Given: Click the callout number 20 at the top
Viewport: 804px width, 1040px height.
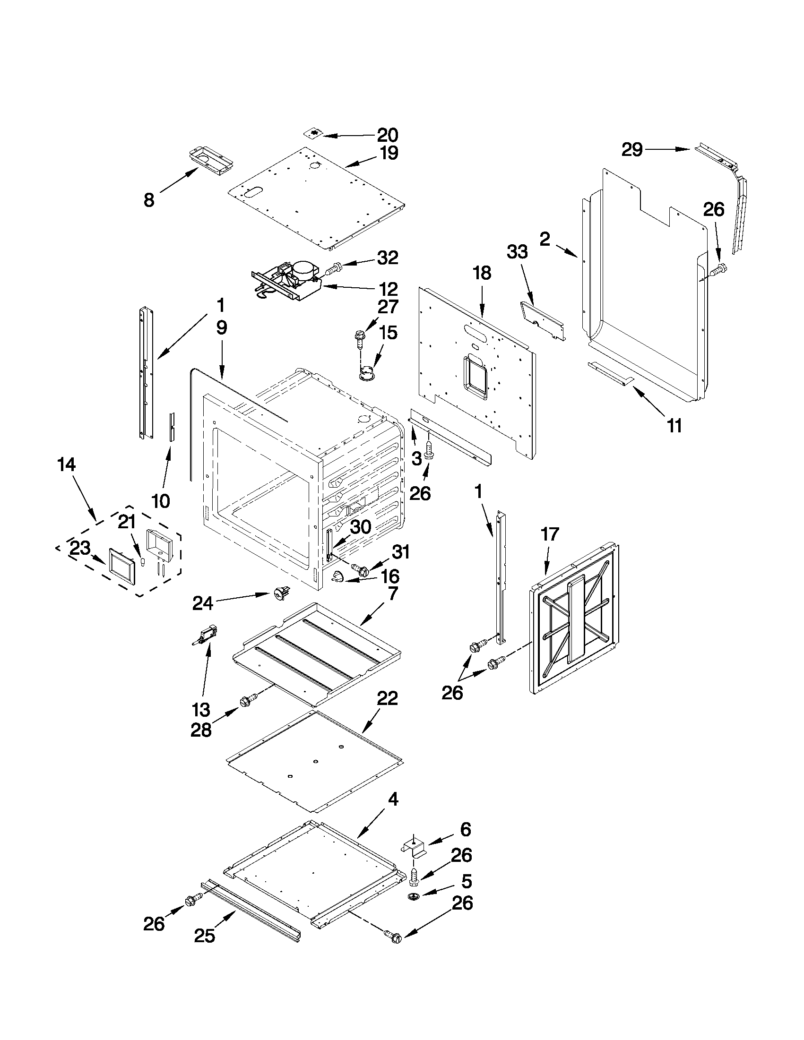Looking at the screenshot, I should (x=387, y=135).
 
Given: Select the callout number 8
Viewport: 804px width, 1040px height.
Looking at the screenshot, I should (x=149, y=200).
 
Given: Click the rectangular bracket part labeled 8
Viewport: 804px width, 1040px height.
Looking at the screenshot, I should (x=211, y=163).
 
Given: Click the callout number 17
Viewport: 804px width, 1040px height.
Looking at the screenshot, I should (x=549, y=534).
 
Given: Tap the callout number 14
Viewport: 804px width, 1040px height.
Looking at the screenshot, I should (x=67, y=464).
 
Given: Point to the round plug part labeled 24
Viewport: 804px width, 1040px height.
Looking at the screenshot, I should (x=278, y=594).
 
